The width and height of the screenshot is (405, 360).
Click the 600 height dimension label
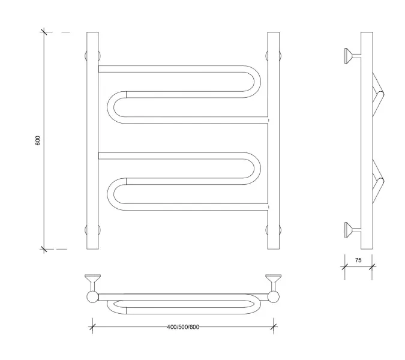(38, 140)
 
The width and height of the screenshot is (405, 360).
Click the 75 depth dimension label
(358, 260)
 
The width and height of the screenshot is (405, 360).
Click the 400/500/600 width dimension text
(183, 326)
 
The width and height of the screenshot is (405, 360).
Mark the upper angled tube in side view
(378, 90)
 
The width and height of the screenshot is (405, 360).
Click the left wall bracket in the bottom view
(92, 280)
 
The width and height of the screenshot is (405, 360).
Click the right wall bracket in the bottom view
(273, 280)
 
